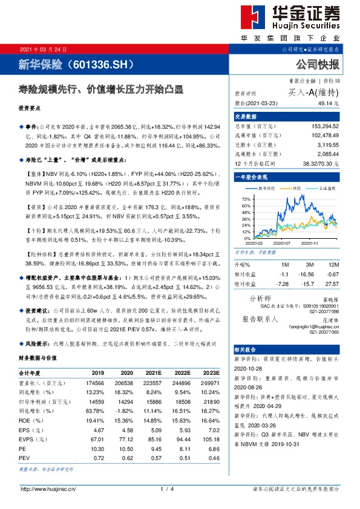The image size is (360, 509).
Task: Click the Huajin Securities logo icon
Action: click(252, 19)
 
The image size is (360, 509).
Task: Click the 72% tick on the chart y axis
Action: click(246, 198)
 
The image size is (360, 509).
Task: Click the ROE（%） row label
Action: click(29, 420)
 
